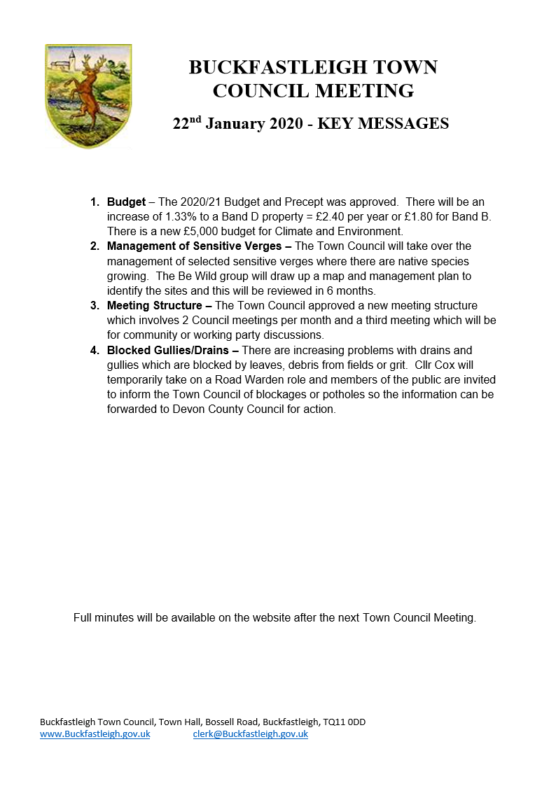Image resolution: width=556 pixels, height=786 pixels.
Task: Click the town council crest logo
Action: pyautogui.click(x=88, y=96)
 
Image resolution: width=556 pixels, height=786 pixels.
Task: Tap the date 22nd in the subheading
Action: pyautogui.click(x=187, y=124)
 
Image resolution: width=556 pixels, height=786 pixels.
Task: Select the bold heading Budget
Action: pyautogui.click(x=126, y=202)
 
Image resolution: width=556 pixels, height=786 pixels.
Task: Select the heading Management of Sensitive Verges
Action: pyautogui.click(x=199, y=246)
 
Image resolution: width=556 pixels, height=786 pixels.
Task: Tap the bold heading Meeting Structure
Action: pyautogui.click(x=159, y=305)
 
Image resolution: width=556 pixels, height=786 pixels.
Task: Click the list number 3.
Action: pyautogui.click(x=95, y=305)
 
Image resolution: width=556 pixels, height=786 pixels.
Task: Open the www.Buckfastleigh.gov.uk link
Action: pyautogui.click(x=95, y=734)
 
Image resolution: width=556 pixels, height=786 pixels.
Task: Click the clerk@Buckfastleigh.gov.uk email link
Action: pyautogui.click(x=250, y=734)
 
